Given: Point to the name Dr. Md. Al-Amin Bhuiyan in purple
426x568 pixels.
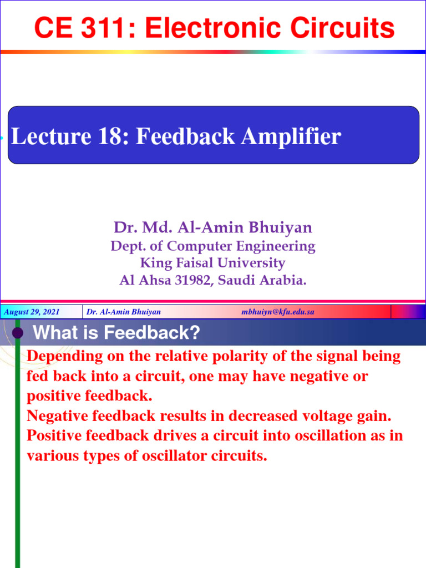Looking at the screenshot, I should tap(213, 227).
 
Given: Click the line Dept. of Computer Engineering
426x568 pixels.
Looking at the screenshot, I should tap(213, 246).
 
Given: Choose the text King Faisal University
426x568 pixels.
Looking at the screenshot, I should tap(213, 263).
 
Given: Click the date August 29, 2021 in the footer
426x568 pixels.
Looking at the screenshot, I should tap(32, 312).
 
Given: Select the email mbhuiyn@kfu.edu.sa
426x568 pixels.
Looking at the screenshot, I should tap(278, 312).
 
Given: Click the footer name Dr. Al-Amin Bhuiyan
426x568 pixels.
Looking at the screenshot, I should tap(124, 312).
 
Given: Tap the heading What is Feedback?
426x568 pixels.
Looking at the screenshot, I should tap(116, 333).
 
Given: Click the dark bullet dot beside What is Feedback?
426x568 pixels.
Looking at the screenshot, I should tap(18, 333).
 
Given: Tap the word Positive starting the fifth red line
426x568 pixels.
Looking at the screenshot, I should tap(53, 436).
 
